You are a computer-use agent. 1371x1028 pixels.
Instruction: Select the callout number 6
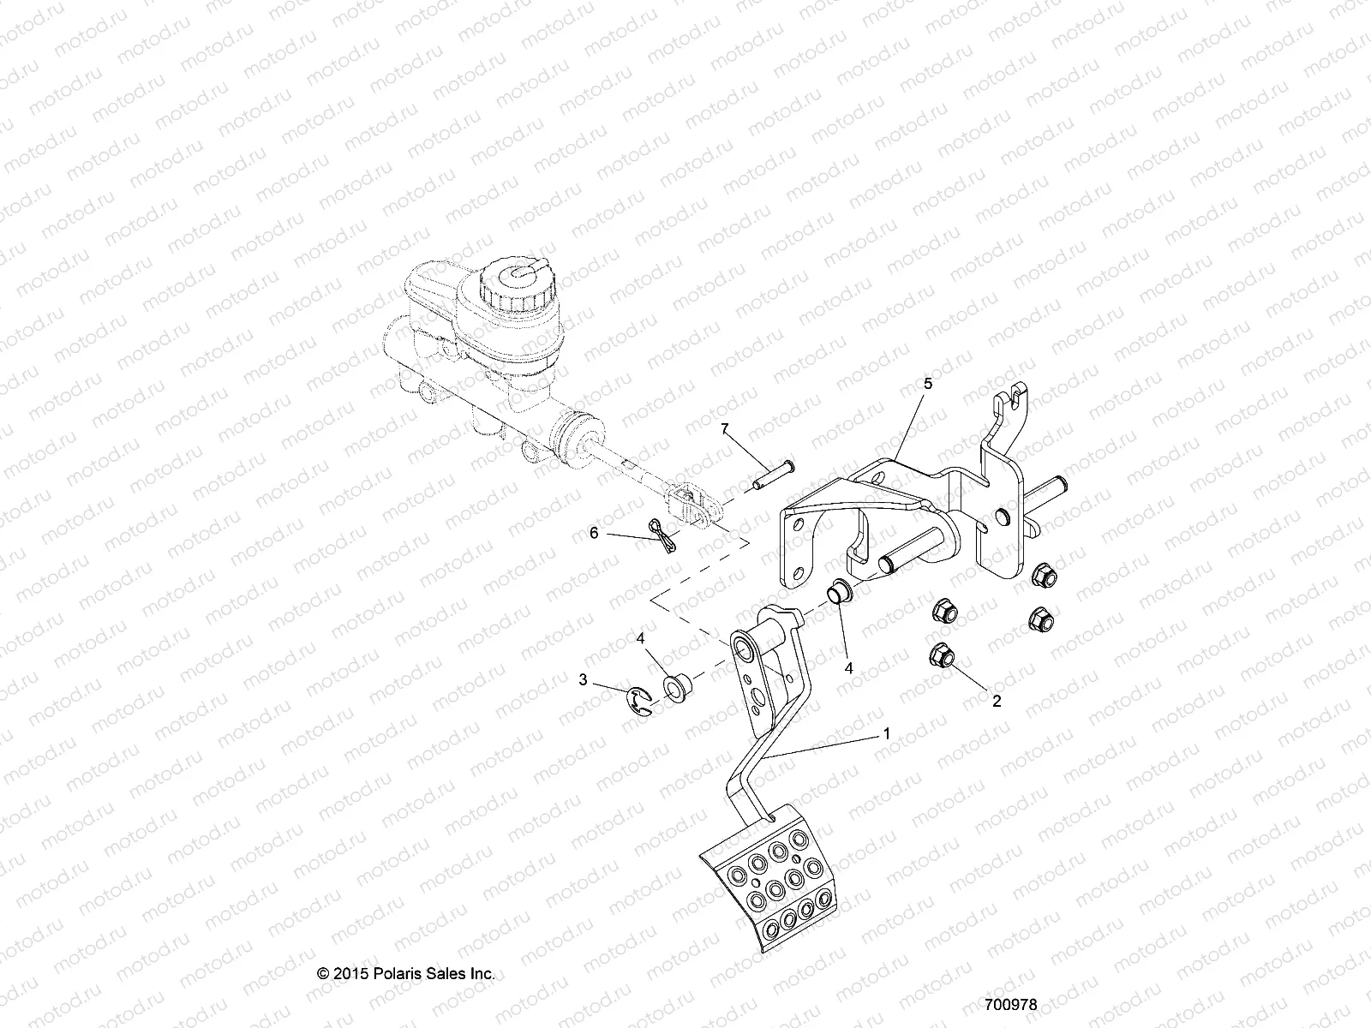593,532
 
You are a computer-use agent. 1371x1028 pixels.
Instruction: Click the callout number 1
887,734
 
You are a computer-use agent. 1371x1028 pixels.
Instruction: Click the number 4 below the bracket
849,645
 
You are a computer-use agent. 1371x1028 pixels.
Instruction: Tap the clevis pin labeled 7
773,475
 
